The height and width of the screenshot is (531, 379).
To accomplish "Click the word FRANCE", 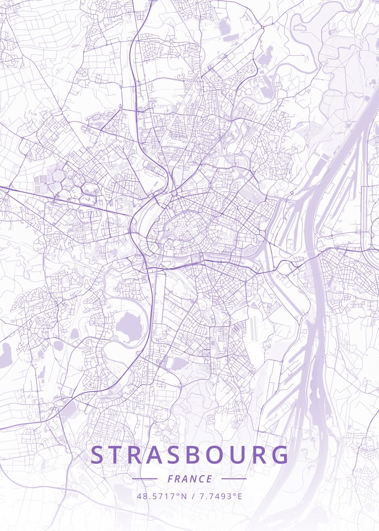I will pos(190,479).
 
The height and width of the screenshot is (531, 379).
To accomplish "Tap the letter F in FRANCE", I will pos(170,479).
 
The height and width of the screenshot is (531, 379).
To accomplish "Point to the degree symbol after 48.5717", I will pos(178,494).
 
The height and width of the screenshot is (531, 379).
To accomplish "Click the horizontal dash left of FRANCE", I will pos(145,479).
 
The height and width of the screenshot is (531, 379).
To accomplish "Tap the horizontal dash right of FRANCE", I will pos(234,479).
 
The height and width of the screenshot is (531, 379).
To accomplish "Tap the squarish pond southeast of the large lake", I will pos(179,364).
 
